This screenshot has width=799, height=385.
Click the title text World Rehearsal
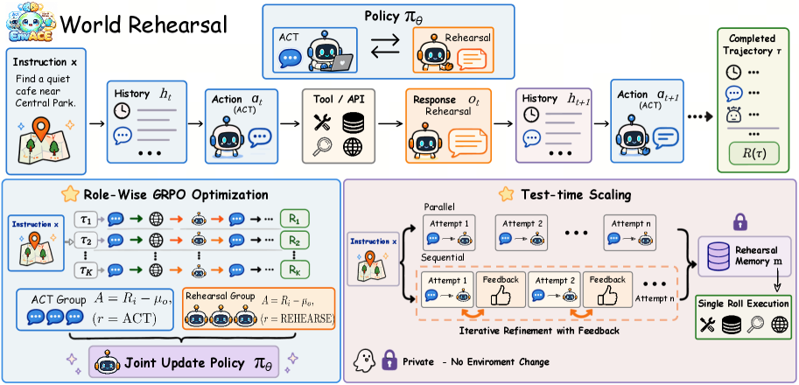[144, 24]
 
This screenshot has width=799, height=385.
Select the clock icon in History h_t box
[123, 111]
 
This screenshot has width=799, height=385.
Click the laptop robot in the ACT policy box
[327, 52]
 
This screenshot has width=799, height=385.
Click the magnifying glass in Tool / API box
[322, 147]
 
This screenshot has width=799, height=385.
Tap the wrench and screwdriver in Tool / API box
[321, 122]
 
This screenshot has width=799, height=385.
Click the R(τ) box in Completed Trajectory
[753, 153]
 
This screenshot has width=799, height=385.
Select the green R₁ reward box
[295, 220]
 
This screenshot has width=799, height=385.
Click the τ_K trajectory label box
[85, 269]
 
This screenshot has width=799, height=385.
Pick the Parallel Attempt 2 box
[521, 233]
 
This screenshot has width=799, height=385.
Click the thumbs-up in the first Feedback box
[501, 296]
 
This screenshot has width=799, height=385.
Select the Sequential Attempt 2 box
[553, 290]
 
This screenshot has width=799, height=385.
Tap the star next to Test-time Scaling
[506, 193]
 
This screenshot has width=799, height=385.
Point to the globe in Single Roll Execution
[779, 325]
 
